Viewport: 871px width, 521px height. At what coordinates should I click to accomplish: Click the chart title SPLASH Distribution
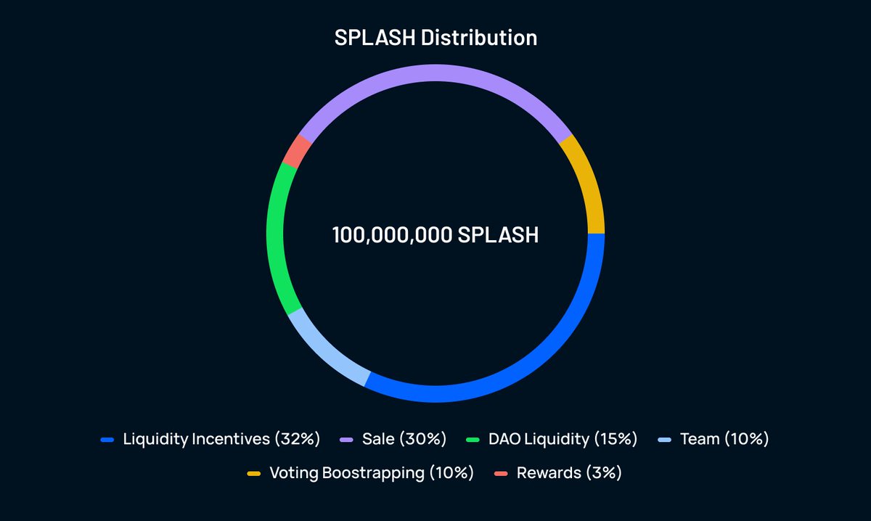(x=435, y=38)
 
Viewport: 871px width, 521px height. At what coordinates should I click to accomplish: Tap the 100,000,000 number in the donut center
(x=392, y=235)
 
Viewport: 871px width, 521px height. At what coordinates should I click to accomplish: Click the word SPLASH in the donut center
(x=498, y=235)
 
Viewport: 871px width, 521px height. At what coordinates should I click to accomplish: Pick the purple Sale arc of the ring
(x=435, y=73)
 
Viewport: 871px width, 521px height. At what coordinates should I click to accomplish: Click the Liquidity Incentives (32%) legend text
(x=221, y=439)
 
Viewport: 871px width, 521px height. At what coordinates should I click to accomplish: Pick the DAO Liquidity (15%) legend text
(x=563, y=439)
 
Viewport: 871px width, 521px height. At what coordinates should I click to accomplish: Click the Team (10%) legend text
(x=724, y=439)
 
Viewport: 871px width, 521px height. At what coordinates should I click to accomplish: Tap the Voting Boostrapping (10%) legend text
(x=371, y=473)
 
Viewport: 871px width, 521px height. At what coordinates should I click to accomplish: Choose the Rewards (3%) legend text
(x=569, y=473)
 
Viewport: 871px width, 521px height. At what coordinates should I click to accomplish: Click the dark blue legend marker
(x=107, y=440)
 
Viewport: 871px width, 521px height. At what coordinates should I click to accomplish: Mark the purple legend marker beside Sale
(x=346, y=440)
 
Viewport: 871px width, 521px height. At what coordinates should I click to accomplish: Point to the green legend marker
(x=473, y=440)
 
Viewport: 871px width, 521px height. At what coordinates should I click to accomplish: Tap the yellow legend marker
(x=253, y=474)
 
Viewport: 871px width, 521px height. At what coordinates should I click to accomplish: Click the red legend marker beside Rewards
(x=501, y=474)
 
